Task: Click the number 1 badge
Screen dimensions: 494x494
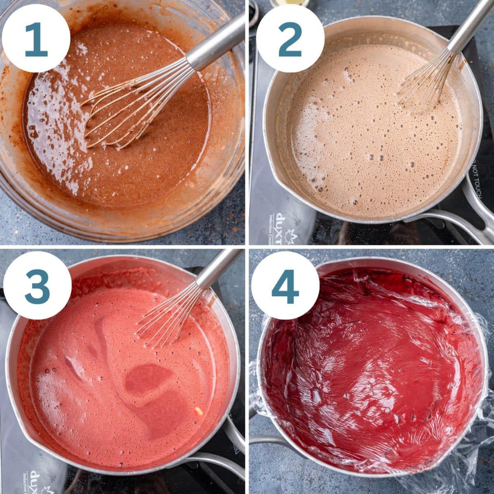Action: (36, 39)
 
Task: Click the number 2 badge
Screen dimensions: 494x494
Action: (290, 39)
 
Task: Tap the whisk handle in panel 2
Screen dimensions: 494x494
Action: (469, 25)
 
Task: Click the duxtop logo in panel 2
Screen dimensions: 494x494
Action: (280, 229)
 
